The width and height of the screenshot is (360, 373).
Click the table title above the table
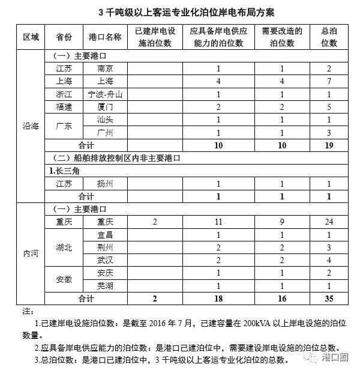pos(180,13)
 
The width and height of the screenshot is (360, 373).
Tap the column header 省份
pos(63,37)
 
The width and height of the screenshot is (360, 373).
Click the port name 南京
pos(104,69)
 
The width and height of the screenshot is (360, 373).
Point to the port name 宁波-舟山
pos(104,94)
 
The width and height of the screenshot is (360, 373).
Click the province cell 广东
pos(63,126)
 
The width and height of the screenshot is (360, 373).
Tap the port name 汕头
pos(104,120)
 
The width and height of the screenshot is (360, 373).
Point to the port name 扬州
pos(104,184)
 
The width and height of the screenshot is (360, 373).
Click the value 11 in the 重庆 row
pos(219,222)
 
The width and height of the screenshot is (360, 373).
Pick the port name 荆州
pos(104,247)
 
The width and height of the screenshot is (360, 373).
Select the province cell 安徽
pos(63,279)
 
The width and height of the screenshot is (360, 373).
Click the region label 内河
pos(31,253)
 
